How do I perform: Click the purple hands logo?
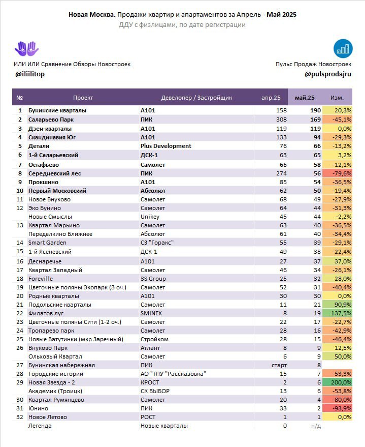27,49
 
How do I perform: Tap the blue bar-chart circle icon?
343,48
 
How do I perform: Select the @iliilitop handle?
30,74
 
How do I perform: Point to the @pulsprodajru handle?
328,74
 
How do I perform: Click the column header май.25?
305,98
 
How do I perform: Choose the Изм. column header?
337,98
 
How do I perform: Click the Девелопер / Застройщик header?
196,98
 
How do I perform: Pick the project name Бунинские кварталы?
57,110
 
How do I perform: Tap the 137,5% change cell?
337,313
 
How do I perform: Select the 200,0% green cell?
337,382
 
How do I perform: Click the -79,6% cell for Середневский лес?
337,173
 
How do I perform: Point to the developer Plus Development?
166,146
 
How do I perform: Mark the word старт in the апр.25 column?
279,365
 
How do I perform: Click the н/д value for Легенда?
316,426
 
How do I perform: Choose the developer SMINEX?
151,313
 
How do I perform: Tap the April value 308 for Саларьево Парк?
281,120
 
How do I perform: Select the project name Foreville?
41,279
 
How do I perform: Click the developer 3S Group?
153,279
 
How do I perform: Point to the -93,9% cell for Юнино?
337,408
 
